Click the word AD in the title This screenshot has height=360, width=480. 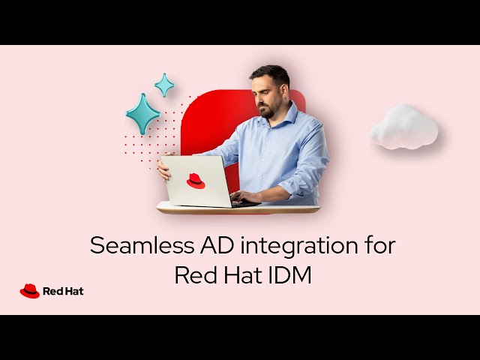click(x=202, y=246)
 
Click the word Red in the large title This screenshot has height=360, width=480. click(x=193, y=275)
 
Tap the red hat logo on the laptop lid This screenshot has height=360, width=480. click(x=196, y=181)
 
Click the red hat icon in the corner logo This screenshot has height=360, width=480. click(x=29, y=291)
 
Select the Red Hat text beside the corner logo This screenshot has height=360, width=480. click(x=63, y=291)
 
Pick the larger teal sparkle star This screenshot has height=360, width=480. click(x=142, y=113)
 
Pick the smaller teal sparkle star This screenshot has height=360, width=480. click(x=164, y=85)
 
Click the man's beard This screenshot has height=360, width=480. click(x=267, y=109)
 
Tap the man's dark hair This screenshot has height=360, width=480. click(x=271, y=75)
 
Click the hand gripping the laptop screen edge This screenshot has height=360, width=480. click(x=163, y=169)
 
